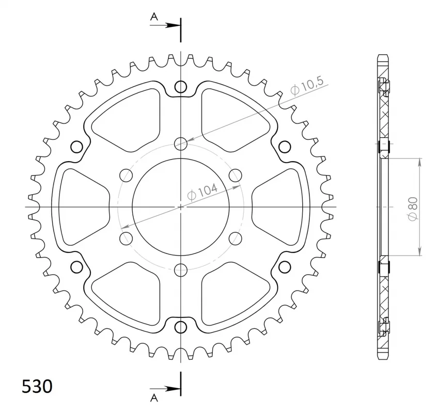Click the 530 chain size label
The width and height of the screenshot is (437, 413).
click(37, 386)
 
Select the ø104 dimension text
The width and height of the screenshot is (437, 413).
click(202, 192)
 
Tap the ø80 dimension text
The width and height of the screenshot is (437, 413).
click(414, 209)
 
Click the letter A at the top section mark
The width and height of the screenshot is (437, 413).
click(154, 17)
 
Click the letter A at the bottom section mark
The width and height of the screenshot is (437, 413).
click(154, 399)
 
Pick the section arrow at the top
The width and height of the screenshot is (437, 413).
click(165, 25)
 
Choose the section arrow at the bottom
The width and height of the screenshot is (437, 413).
click(165, 389)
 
